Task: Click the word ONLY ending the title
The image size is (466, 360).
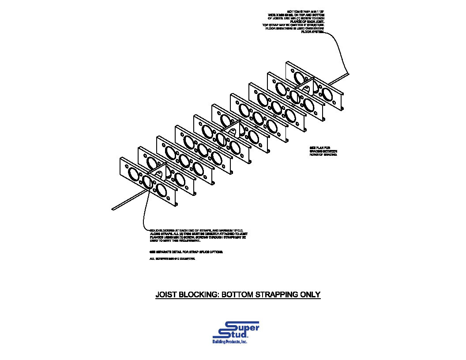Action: click(x=310, y=295)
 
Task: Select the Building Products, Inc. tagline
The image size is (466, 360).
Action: click(x=230, y=343)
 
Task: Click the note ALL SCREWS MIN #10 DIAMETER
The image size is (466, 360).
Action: click(x=172, y=259)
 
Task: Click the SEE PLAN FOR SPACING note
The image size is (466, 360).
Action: click(x=323, y=151)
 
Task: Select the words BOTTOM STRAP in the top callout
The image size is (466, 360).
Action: click(x=297, y=11)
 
